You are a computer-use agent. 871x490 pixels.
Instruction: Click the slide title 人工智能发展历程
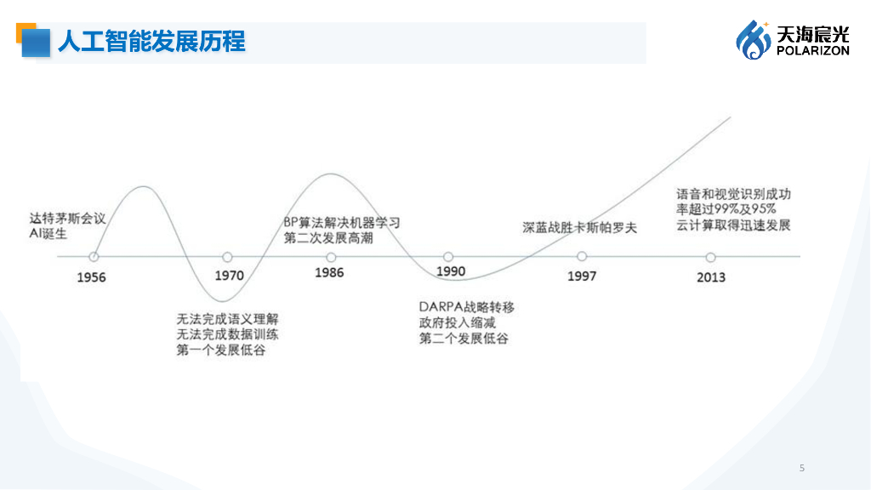[x=151, y=41]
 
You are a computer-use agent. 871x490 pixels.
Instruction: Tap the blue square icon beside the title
[x=35, y=42]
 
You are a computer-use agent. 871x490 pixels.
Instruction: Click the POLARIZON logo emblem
[x=753, y=40]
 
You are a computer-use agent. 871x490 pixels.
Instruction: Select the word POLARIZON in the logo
[x=812, y=51]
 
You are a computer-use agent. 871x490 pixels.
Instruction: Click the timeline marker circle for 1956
[x=94, y=256]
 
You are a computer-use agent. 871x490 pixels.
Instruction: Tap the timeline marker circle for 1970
[x=227, y=256]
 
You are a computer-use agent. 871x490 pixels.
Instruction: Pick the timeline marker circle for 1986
[x=330, y=256]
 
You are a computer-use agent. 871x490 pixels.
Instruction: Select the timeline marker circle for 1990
[x=448, y=256]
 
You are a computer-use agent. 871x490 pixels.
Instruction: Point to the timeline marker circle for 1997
[x=582, y=256]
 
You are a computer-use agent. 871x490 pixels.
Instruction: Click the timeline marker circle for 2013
[x=710, y=256]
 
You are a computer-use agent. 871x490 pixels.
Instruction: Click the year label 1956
[x=91, y=277]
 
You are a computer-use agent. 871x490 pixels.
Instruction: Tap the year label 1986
[x=329, y=273]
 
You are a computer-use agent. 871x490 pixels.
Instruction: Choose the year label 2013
[x=711, y=277]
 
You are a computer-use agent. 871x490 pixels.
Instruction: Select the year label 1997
[x=582, y=276]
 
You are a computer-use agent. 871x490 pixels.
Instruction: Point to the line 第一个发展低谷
[x=221, y=350]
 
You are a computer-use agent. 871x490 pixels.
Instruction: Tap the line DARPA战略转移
[x=467, y=306]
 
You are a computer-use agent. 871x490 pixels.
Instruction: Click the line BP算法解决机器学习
[x=341, y=223]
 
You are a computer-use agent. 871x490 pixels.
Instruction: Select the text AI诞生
[x=48, y=233]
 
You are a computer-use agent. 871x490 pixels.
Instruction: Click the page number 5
[x=801, y=468]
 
